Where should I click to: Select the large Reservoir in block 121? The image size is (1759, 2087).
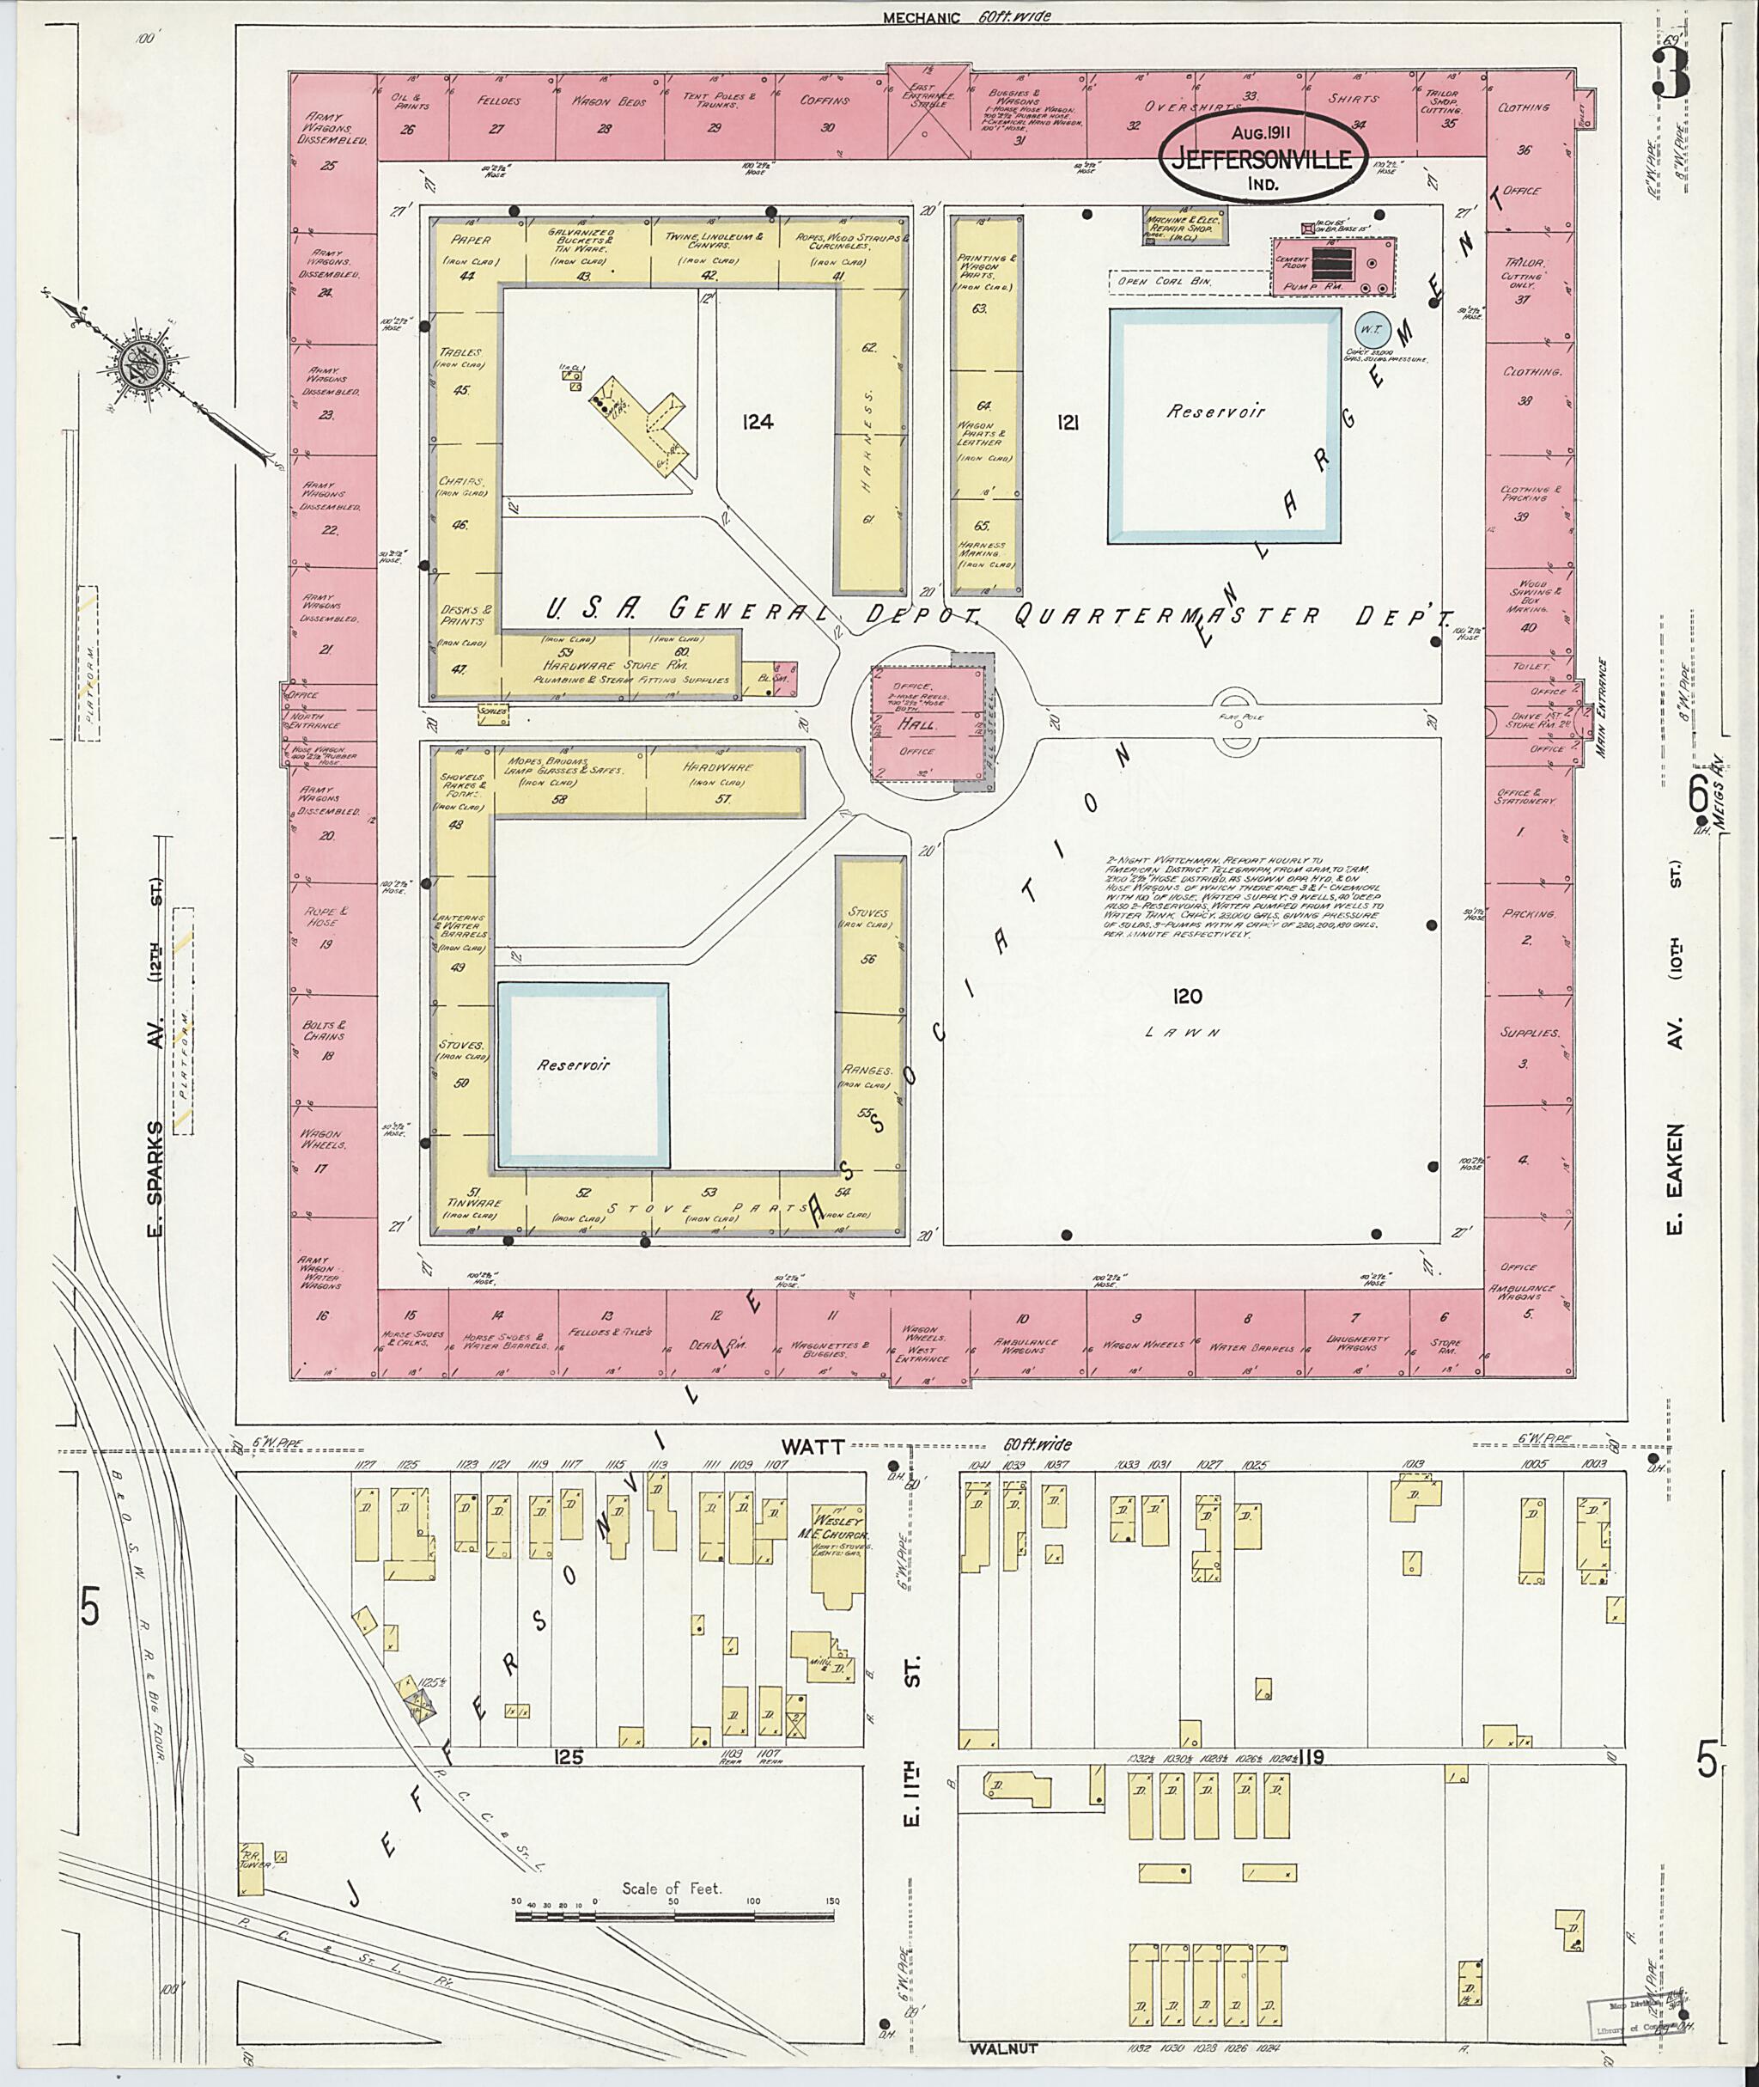pos(1225,425)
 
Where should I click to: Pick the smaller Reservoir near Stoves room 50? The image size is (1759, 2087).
pos(582,1074)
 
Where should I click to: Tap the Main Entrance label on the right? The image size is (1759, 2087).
pos(1603,707)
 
